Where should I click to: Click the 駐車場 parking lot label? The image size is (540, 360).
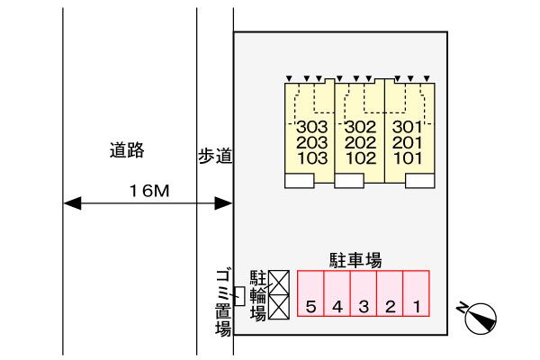[x=355, y=261]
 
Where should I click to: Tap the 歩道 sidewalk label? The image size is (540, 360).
[x=215, y=157]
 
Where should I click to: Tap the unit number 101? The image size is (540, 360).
[x=408, y=157]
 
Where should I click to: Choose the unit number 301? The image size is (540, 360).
[x=408, y=127]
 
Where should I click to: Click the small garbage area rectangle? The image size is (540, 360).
[x=238, y=294]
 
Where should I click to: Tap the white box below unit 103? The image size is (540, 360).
[x=299, y=181]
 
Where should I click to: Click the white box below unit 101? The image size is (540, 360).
[x=418, y=181]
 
